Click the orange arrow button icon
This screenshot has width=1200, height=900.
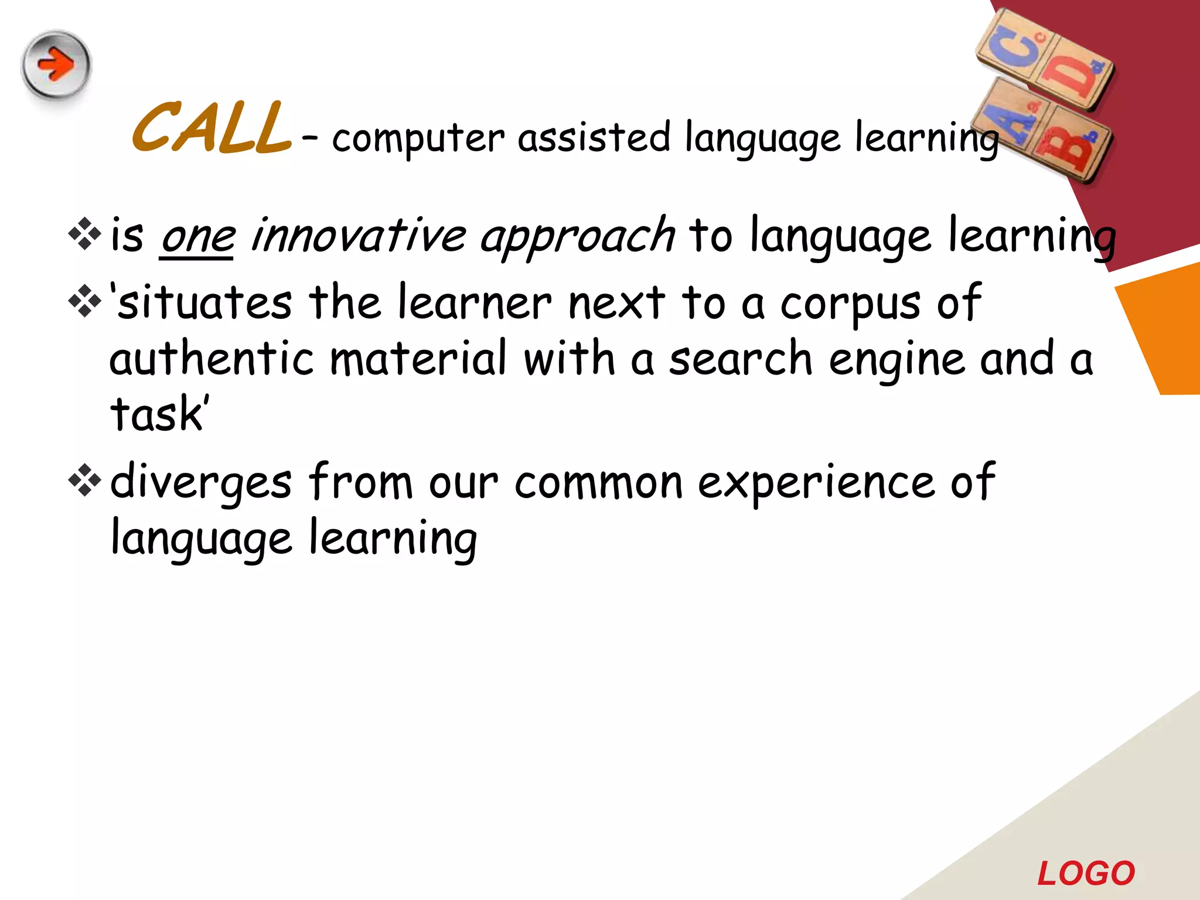(56, 64)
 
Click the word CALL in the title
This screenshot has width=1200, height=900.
(212, 128)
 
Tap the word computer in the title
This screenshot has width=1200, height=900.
(418, 138)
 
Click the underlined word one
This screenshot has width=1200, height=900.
(198, 237)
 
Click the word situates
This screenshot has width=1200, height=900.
(205, 303)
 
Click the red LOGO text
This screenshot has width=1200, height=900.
(1086, 874)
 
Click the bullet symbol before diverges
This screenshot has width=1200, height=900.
(85, 480)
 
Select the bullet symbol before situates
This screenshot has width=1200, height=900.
(85, 301)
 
